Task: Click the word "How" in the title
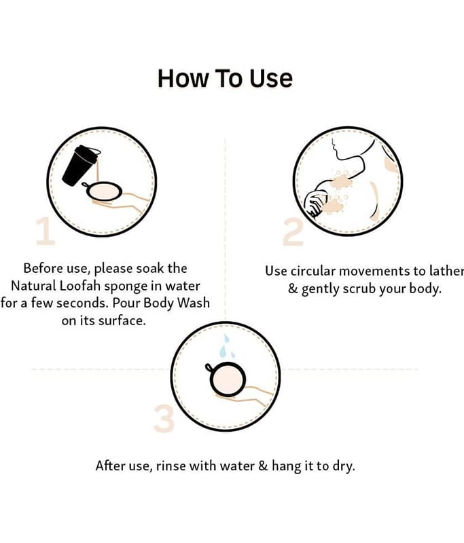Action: pos(183,78)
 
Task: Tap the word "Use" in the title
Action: pos(271,78)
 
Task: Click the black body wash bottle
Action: pos(80,165)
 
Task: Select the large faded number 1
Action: pos(45,231)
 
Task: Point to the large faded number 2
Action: pos(293,232)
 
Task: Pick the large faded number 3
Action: pos(164,418)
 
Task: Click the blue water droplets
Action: pos(226,346)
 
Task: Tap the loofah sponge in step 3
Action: pos(227,379)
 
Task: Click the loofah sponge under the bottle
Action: pos(103,191)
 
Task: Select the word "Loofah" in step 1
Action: pos(80,286)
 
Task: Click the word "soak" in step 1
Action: pos(150,268)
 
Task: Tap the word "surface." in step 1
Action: pos(122,320)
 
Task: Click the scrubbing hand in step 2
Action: pos(315,204)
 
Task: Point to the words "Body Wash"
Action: pos(177,303)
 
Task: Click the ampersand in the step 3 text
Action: pos(264,466)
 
